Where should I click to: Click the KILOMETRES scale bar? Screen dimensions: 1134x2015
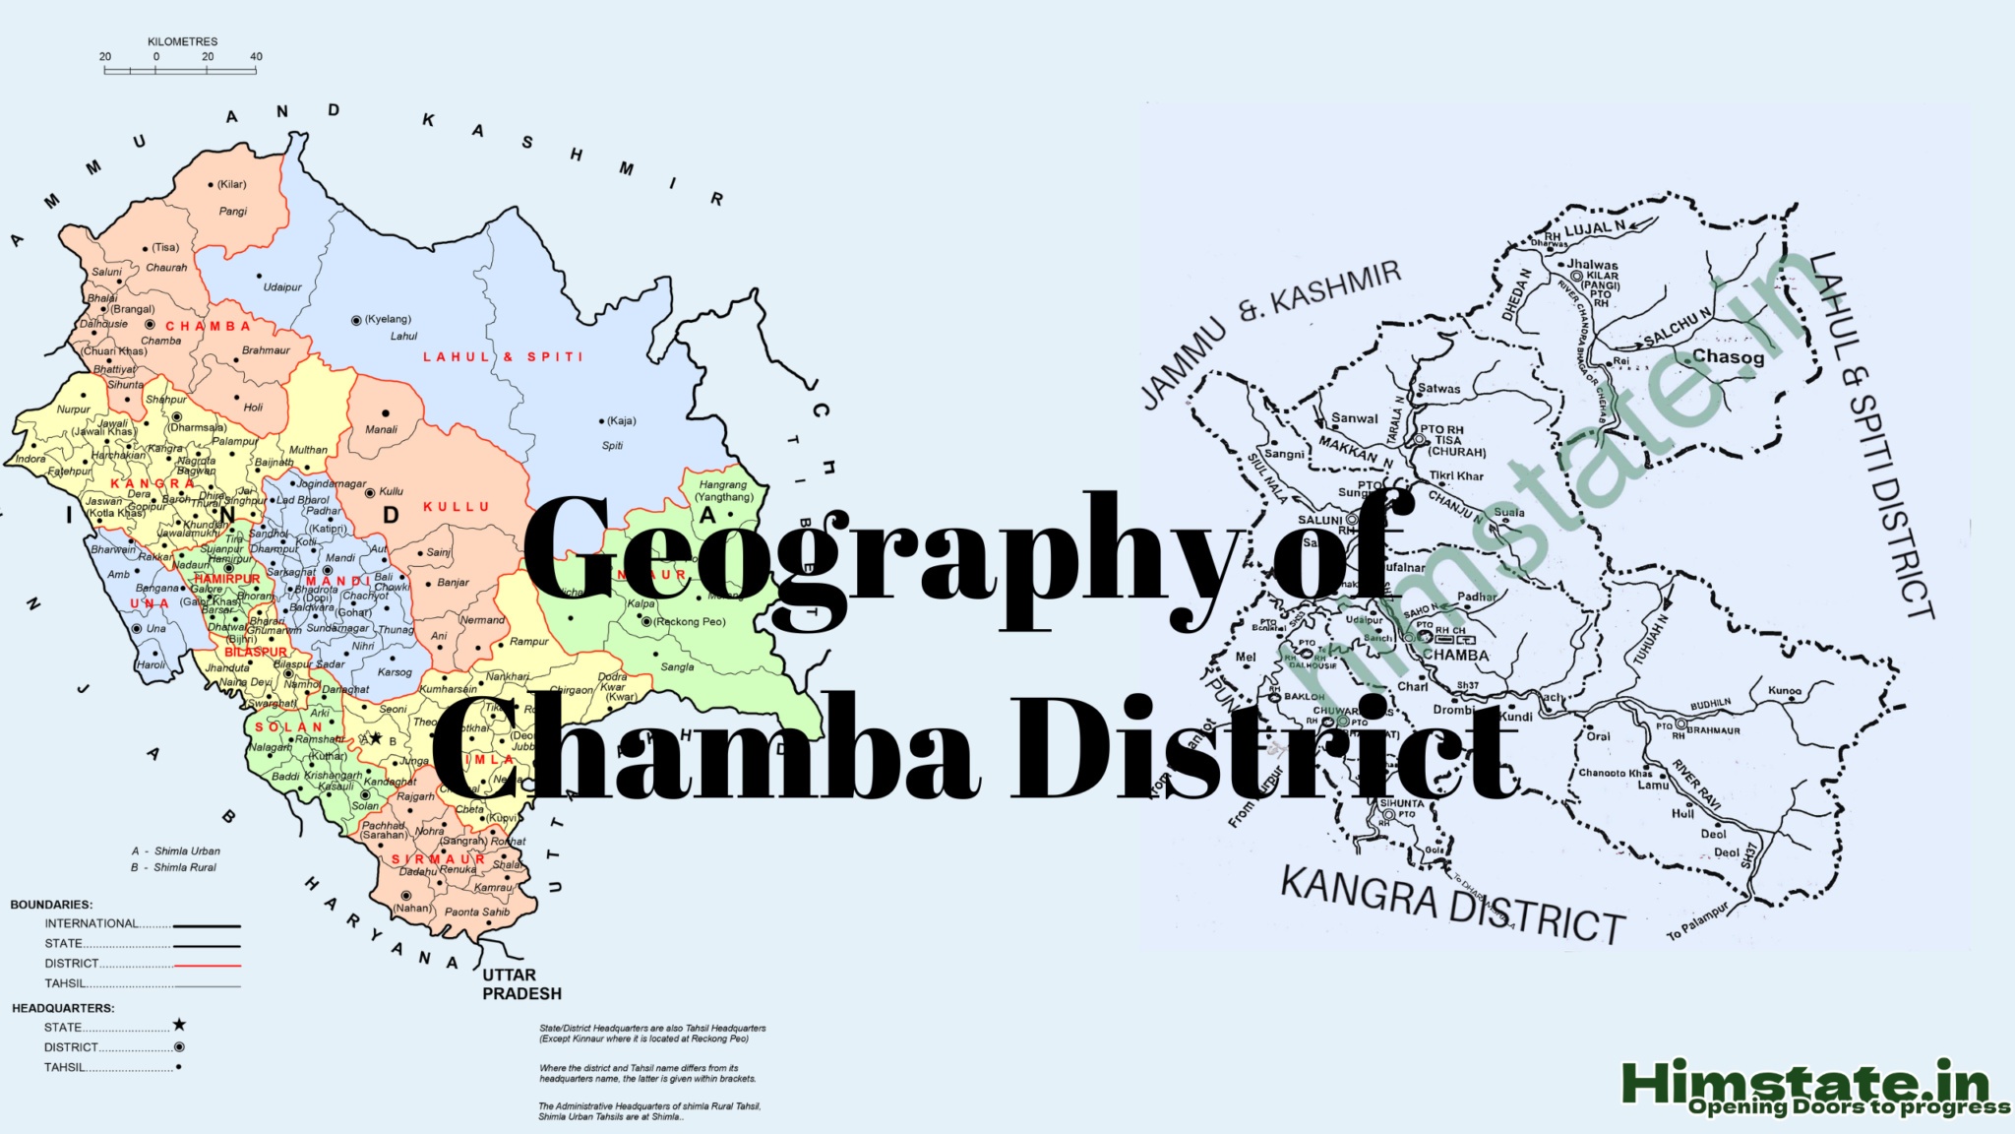pyautogui.click(x=181, y=70)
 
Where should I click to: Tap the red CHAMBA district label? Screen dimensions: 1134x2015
pyautogui.click(x=208, y=326)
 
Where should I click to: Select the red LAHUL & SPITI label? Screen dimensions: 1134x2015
pyautogui.click(x=503, y=356)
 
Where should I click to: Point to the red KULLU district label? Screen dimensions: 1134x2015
pyautogui.click(x=457, y=506)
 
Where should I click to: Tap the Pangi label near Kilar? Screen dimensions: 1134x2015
pyautogui.click(x=233, y=211)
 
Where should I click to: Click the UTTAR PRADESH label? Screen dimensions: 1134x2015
pyautogui.click(x=521, y=984)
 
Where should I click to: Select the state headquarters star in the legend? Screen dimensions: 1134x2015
pyautogui.click(x=179, y=1026)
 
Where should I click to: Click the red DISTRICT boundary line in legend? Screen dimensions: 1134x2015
pyautogui.click(x=208, y=965)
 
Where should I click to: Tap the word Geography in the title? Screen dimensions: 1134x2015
pyautogui.click(x=876, y=551)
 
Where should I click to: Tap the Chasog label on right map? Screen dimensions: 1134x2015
pyautogui.click(x=1728, y=356)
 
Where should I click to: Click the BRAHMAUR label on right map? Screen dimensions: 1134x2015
pyautogui.click(x=1713, y=730)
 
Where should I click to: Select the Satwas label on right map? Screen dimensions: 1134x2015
pyautogui.click(x=1438, y=389)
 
